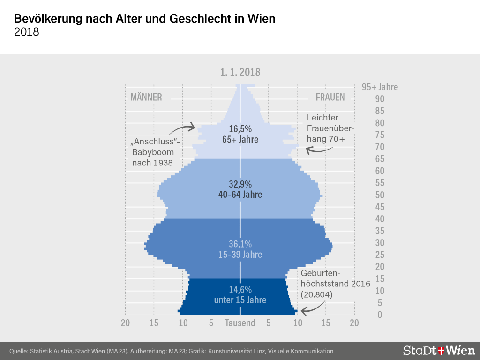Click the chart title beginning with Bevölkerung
coord(145,19)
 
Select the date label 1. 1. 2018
coord(240,72)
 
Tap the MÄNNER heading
coord(146,97)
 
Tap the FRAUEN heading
coord(330,97)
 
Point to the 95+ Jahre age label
coord(380,87)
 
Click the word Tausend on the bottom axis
coord(240,323)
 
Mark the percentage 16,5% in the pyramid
coord(240,128)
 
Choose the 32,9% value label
coord(240,184)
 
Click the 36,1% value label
coord(240,244)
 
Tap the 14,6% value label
coord(240,289)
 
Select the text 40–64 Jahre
coord(240,195)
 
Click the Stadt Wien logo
coord(439,350)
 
